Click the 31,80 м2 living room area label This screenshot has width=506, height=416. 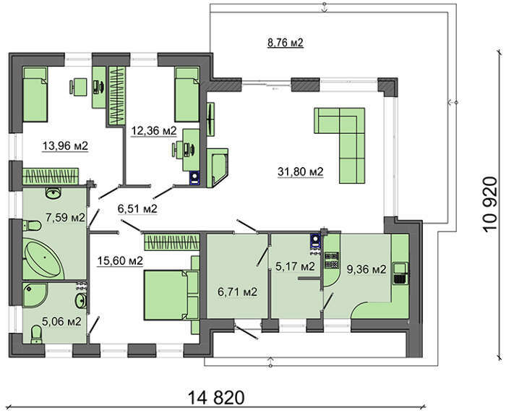(x=300, y=171)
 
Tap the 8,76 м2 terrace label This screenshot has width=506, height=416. (x=286, y=42)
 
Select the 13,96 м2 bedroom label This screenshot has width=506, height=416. (x=65, y=145)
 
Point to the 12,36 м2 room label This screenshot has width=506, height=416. (x=154, y=130)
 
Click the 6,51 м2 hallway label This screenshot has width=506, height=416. (x=137, y=208)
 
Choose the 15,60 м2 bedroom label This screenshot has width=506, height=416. (x=120, y=260)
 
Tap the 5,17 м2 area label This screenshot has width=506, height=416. (x=295, y=266)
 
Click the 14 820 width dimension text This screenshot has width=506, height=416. (x=216, y=398)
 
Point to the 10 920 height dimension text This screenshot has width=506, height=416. (x=492, y=203)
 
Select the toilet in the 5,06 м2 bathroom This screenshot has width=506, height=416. (x=36, y=334)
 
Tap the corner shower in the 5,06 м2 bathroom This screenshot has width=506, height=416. (x=35, y=295)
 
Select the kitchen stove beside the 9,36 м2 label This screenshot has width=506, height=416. (x=332, y=260)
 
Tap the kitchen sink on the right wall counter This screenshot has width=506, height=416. (x=400, y=273)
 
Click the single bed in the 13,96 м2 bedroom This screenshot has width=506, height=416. (x=35, y=94)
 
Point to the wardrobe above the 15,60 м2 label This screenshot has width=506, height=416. (x=172, y=242)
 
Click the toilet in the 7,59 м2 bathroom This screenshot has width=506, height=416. (x=32, y=226)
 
